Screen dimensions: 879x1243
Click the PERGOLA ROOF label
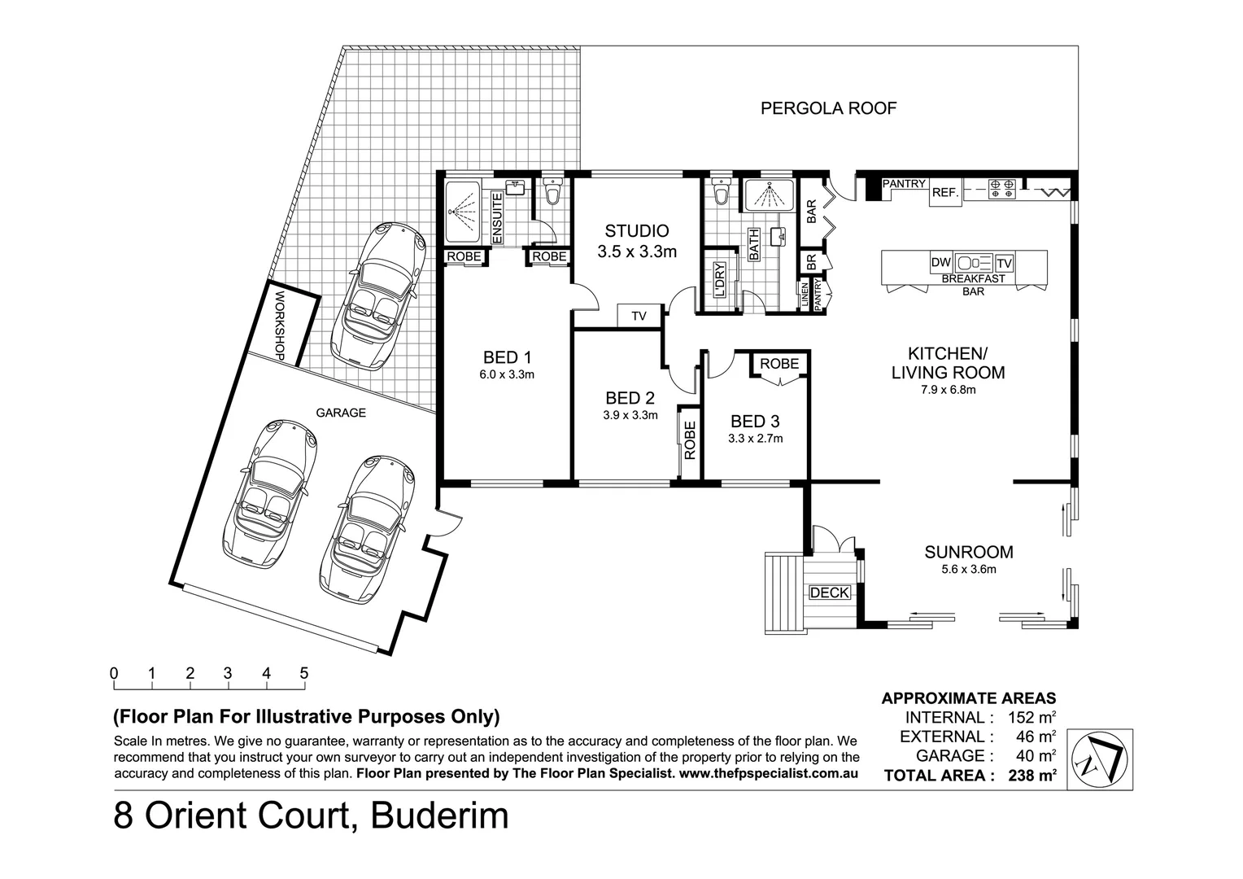pos(828,108)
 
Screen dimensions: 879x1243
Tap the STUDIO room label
pos(636,231)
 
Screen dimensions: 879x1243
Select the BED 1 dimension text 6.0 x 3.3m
pos(506,375)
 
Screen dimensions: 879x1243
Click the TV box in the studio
pos(639,316)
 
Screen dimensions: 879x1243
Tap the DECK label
pos(829,593)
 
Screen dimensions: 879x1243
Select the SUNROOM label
pos(968,553)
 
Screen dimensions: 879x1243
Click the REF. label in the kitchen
pos(944,193)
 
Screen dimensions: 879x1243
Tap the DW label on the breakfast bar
pos(940,263)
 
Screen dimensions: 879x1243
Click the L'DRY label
pos(719,280)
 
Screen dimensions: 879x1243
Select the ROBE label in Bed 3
pos(779,363)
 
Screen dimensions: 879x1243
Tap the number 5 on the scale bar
pos(303,673)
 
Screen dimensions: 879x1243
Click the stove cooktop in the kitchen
pos(1000,190)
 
